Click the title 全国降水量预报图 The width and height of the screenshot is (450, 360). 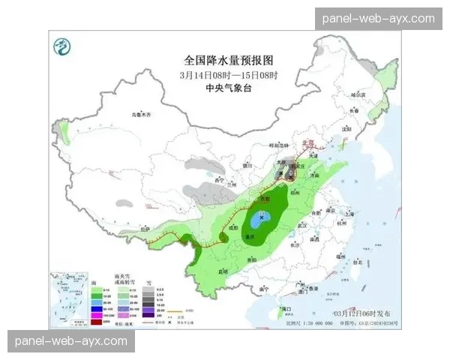(x=229, y=59)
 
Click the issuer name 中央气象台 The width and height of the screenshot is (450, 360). (x=229, y=88)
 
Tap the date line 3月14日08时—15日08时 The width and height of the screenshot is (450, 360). (x=229, y=74)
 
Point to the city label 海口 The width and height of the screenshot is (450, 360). (x=285, y=308)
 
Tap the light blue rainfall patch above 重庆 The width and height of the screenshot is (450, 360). (x=262, y=222)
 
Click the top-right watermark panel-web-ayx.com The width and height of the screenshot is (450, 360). (x=378, y=18)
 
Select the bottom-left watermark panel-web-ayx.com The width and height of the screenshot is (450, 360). (x=71, y=341)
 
